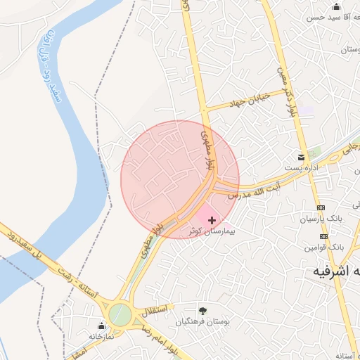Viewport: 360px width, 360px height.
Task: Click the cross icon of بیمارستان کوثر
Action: point(212,220)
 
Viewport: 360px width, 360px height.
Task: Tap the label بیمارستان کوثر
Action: point(211,231)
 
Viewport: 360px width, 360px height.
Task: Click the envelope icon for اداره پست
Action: point(302,157)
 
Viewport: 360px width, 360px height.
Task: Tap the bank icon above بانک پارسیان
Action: point(321,208)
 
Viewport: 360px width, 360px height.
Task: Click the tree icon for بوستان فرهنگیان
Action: point(202,310)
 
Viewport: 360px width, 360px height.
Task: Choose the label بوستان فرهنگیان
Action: point(202,322)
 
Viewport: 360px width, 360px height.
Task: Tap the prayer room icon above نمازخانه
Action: point(101,326)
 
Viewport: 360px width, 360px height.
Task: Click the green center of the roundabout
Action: point(120,314)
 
